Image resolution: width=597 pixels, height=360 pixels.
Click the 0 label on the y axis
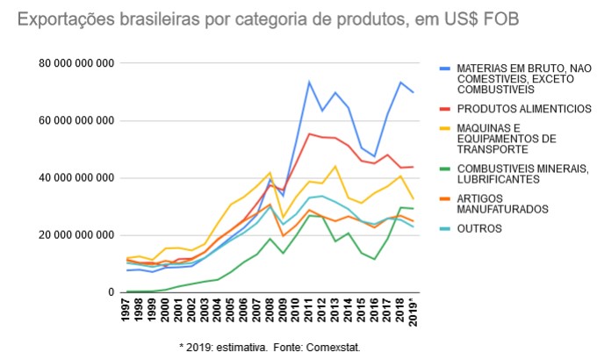pos(111,292)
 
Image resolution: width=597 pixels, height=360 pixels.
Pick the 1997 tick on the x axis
pos(127,312)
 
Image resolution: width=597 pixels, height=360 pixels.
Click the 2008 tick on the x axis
pos(270,312)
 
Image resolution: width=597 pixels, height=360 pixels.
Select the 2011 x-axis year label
pos(309,312)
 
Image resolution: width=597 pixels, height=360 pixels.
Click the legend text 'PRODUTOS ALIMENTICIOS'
pos(511,108)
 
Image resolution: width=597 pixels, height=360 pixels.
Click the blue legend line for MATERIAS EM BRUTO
pos(445,67)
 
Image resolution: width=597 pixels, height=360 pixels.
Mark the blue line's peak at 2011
pos(309,83)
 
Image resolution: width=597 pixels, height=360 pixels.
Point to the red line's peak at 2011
pos(309,133)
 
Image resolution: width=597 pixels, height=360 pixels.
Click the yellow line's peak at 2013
pos(335,166)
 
